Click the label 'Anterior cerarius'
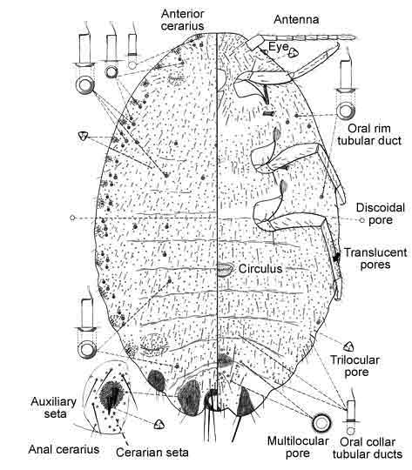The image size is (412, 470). [x=182, y=20]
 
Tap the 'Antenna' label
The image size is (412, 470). [x=296, y=20]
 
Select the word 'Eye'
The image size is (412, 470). [x=278, y=47]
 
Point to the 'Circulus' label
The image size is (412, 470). [x=260, y=269]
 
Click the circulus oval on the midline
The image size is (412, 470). [x=225, y=270]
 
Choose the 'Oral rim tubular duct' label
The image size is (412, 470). [x=369, y=135]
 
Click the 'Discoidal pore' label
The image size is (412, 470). [x=380, y=214]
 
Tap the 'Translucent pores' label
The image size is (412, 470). [x=375, y=258]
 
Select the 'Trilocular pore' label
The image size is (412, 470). [x=355, y=366]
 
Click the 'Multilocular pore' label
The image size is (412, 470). [x=298, y=447]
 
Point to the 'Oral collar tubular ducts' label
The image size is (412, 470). [x=368, y=448]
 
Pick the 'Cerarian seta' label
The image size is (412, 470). [x=152, y=453]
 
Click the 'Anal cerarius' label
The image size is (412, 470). [x=64, y=449]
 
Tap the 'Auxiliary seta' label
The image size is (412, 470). [x=53, y=407]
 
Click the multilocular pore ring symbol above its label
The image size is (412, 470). [x=321, y=423]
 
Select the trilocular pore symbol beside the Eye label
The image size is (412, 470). [x=294, y=53]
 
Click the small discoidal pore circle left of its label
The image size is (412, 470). [x=362, y=220]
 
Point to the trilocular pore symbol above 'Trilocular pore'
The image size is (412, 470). [x=348, y=346]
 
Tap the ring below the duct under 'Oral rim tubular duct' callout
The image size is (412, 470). [x=346, y=111]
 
